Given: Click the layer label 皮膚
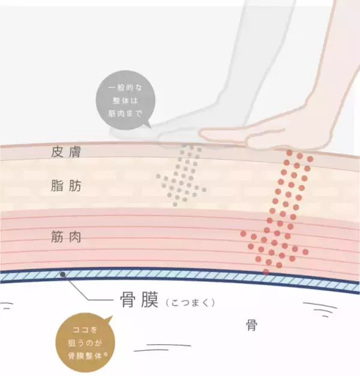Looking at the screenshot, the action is (x=66, y=152).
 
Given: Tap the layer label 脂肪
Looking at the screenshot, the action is (x=66, y=186).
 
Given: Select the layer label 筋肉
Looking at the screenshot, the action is (x=66, y=237).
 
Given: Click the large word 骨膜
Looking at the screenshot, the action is (x=139, y=300).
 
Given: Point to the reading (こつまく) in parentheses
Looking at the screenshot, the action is (x=190, y=303).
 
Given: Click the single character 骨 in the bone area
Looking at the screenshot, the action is (x=251, y=326).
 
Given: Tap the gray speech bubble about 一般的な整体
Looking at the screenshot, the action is (x=125, y=100).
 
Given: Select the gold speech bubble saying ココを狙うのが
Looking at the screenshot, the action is (x=85, y=343).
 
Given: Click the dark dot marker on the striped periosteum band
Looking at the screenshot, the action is (x=63, y=274).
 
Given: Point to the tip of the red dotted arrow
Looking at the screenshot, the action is (x=266, y=272).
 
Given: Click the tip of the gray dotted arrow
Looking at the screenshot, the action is (x=175, y=204).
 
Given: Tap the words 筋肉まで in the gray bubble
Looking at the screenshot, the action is (x=125, y=114).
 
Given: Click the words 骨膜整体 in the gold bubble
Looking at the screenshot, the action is (x=85, y=356).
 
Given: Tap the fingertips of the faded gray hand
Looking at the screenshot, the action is (x=113, y=133).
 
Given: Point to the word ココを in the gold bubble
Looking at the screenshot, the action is (x=85, y=330).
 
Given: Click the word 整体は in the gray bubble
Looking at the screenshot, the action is (x=125, y=100).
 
